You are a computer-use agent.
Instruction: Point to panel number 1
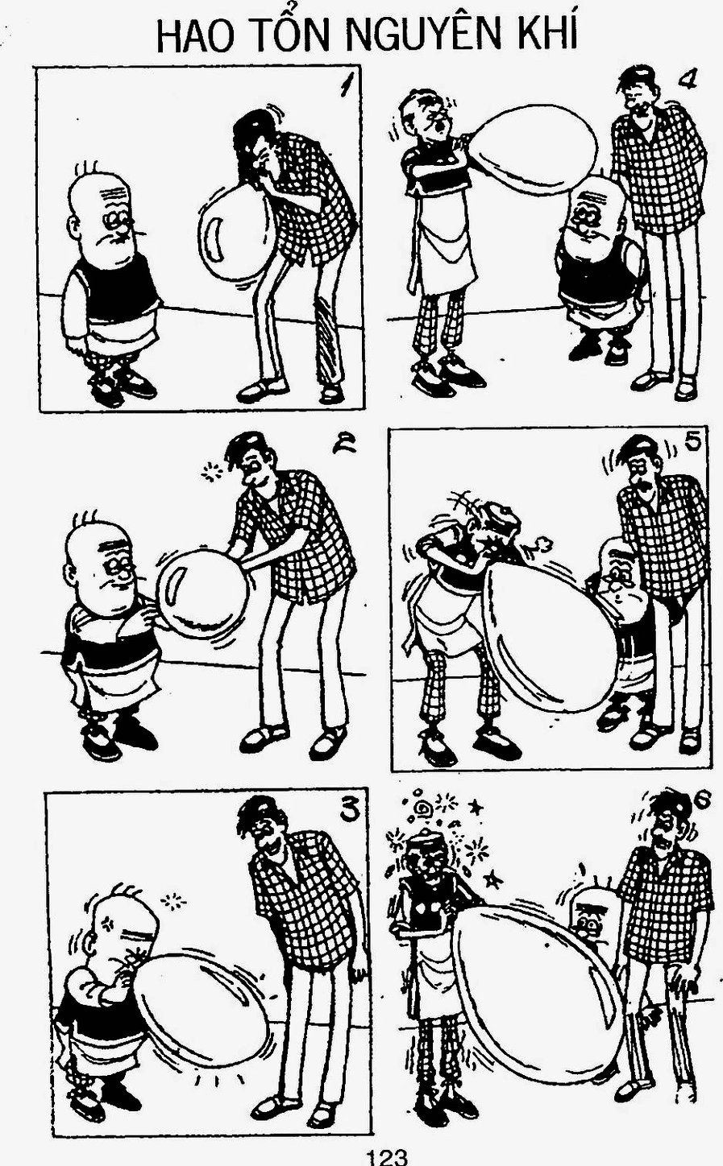(345, 86)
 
